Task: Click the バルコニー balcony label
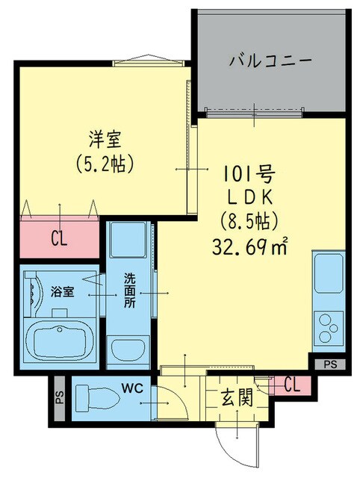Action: click(270, 60)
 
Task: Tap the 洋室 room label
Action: click(105, 139)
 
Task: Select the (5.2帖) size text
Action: click(105, 162)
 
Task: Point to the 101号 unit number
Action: click(249, 176)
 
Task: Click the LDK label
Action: click(249, 198)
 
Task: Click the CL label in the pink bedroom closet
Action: click(59, 238)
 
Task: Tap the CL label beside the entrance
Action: click(294, 385)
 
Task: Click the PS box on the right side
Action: click(329, 364)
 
